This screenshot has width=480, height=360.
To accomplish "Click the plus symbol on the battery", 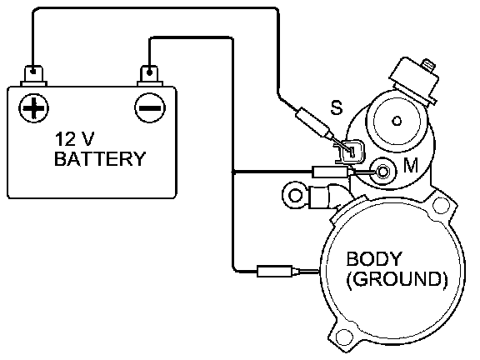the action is click(x=33, y=107).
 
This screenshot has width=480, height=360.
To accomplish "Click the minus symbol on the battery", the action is click(x=150, y=108).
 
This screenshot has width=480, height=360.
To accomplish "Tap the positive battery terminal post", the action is click(x=33, y=75).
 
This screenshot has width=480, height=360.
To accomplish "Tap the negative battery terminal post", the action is click(x=149, y=75).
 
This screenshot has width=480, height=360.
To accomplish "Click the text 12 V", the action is click(x=75, y=139).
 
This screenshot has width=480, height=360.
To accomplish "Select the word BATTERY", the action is click(x=100, y=159).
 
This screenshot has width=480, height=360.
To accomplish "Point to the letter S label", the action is click(x=337, y=107).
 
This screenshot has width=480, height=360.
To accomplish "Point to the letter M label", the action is click(x=411, y=165).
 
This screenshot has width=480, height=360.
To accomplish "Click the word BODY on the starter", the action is click(x=373, y=259).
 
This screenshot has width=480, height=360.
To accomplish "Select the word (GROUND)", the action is click(x=397, y=279).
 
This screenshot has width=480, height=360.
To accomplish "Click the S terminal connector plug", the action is click(x=351, y=152).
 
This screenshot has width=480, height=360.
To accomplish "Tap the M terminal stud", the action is click(x=382, y=171).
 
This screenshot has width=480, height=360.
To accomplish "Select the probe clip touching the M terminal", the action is click(x=332, y=172).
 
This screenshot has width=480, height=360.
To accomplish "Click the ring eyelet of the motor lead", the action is click(x=296, y=195).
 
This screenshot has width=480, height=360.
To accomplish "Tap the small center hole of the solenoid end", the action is click(x=397, y=121).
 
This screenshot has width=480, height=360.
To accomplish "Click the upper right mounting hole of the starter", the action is click(x=441, y=205).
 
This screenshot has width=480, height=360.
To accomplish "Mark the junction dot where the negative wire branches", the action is click(x=233, y=172).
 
